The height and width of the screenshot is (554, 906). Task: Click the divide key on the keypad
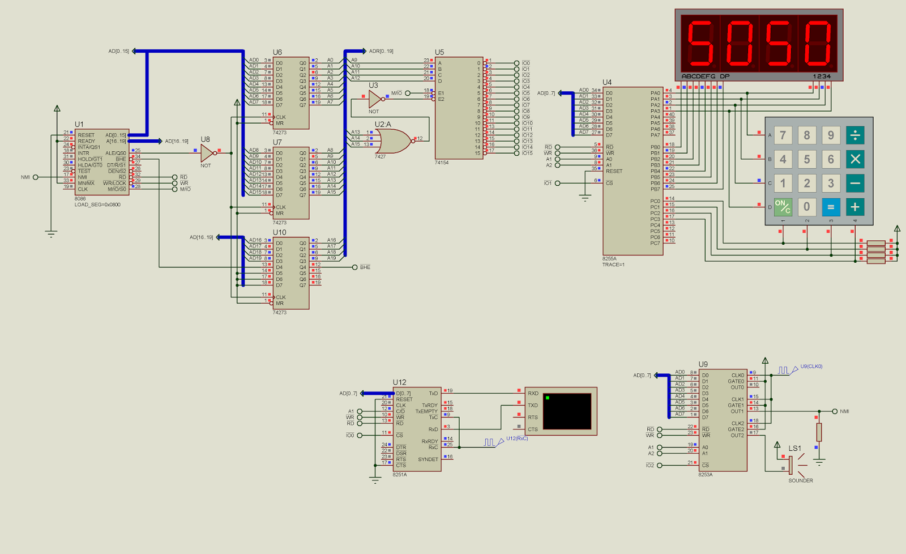(855, 135)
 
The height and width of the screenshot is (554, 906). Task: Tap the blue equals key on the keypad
(831, 207)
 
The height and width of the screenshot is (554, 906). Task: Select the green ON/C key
(783, 207)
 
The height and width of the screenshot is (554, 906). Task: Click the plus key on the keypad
(855, 207)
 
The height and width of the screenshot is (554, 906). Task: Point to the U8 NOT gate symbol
(207, 152)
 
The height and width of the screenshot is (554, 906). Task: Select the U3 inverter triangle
(375, 99)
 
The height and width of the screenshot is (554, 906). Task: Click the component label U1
(79, 124)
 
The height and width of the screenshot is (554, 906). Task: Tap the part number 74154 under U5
(442, 163)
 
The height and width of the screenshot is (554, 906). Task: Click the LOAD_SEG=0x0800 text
(97, 204)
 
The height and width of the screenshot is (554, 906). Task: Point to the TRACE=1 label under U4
(613, 265)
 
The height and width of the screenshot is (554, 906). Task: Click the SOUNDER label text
(801, 480)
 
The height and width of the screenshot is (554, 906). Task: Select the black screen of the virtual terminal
(567, 411)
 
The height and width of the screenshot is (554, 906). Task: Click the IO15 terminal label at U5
(527, 153)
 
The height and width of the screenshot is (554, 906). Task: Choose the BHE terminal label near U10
(365, 267)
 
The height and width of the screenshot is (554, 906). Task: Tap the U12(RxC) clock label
(517, 438)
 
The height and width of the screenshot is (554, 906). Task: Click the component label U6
(277, 52)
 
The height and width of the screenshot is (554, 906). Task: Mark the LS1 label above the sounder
(795, 448)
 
